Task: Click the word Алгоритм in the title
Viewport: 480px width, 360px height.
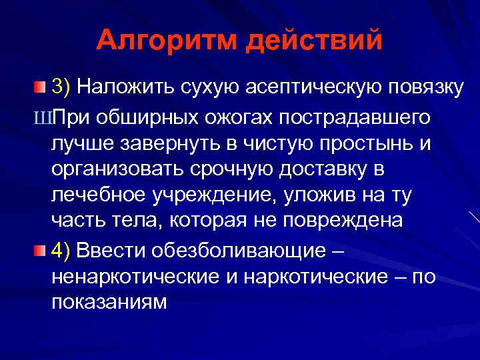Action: click(x=165, y=41)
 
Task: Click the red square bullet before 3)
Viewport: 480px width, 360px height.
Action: click(x=41, y=86)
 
